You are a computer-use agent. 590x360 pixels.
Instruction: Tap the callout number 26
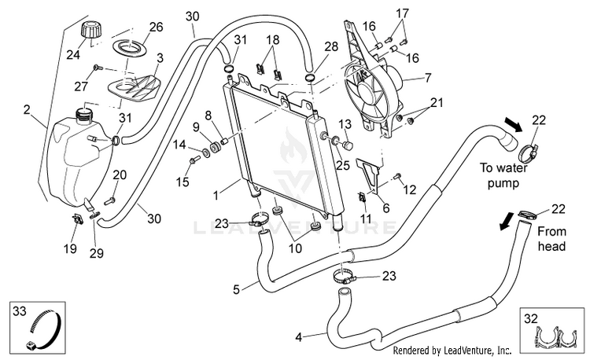coord(157,27)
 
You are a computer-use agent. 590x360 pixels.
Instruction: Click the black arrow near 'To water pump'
coord(513,124)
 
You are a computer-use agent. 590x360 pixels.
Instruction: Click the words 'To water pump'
coord(503,175)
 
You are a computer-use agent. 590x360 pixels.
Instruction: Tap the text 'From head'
coord(551,239)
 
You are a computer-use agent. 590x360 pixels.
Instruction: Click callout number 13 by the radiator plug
coord(345,124)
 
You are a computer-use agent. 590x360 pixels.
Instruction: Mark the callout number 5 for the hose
coord(236,289)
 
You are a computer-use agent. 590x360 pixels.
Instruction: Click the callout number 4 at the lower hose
coord(298,337)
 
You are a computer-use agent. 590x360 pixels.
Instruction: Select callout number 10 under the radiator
coord(295,248)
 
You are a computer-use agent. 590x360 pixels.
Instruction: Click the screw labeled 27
coord(98,68)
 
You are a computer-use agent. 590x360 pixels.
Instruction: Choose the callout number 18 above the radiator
coord(273,39)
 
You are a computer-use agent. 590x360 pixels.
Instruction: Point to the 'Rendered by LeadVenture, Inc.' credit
coord(452,351)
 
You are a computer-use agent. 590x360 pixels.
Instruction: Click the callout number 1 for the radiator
coord(216,196)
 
